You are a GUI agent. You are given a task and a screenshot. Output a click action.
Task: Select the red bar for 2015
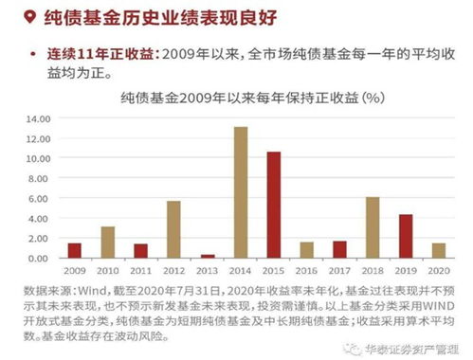[x=273, y=205]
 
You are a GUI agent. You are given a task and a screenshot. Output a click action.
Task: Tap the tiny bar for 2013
[x=208, y=256]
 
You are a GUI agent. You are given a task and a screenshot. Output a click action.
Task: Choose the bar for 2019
[x=405, y=236]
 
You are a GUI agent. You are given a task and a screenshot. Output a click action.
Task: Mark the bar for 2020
[x=438, y=250]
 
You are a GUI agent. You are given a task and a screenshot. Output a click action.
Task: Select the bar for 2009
[x=75, y=250]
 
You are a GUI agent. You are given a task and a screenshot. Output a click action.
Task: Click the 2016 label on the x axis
[x=306, y=269]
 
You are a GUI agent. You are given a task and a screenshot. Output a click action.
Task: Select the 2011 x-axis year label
[x=140, y=269]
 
